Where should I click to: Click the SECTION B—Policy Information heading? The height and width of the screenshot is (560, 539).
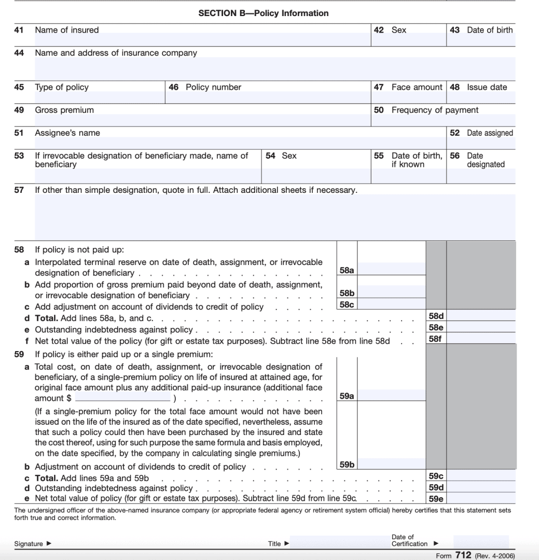[x=263, y=13]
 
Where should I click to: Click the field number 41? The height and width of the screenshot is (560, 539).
[x=19, y=30]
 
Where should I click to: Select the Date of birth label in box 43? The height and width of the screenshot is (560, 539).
[x=489, y=30]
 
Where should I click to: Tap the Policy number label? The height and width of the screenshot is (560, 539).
[x=213, y=87]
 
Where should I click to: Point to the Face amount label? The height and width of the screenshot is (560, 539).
[x=417, y=87]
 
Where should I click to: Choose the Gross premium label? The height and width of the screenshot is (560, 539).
[x=64, y=110]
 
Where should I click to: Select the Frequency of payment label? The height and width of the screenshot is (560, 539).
[x=435, y=110]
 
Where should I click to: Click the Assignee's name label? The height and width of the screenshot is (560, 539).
[x=67, y=133]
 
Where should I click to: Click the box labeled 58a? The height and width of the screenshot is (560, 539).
[x=347, y=270]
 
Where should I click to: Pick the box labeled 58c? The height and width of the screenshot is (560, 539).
[x=347, y=305]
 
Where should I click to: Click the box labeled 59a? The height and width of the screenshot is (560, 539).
[x=347, y=396]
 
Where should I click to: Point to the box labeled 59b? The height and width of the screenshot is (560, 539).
[x=347, y=465]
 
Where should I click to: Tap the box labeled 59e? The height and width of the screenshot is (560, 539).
[x=435, y=499]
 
